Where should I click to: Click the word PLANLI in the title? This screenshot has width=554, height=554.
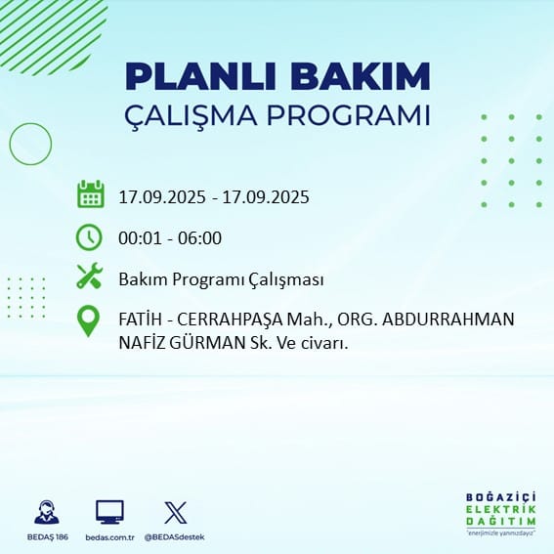pyautogui.click(x=200, y=76)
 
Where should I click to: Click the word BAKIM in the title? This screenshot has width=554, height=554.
pyautogui.click(x=360, y=76)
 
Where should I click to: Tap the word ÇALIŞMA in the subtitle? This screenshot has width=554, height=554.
pyautogui.click(x=191, y=116)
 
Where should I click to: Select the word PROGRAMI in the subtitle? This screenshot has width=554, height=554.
pyautogui.click(x=349, y=115)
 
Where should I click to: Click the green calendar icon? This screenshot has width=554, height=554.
pyautogui.click(x=91, y=194)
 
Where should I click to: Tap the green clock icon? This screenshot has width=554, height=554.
pyautogui.click(x=89, y=237)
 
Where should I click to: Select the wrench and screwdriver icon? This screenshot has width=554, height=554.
pyautogui.click(x=90, y=276)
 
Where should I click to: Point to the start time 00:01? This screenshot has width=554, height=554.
pyautogui.click(x=141, y=238)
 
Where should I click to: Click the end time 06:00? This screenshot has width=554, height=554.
pyautogui.click(x=200, y=238)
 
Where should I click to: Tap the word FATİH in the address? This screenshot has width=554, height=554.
pyautogui.click(x=139, y=320)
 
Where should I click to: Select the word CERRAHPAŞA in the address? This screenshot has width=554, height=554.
pyautogui.click(x=230, y=320)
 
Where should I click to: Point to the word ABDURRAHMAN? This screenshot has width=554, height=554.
pyautogui.click(x=448, y=320)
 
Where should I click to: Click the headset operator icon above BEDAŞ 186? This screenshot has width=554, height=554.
pyautogui.click(x=47, y=512)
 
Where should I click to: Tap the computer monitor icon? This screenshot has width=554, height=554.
pyautogui.click(x=109, y=512)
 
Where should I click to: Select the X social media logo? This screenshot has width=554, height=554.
pyautogui.click(x=176, y=512)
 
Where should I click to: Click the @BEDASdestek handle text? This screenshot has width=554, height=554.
pyautogui.click(x=175, y=537)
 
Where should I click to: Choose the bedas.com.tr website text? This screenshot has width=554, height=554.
pyautogui.click(x=109, y=537)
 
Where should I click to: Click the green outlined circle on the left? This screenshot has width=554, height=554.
pyautogui.click(x=10, y=144)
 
